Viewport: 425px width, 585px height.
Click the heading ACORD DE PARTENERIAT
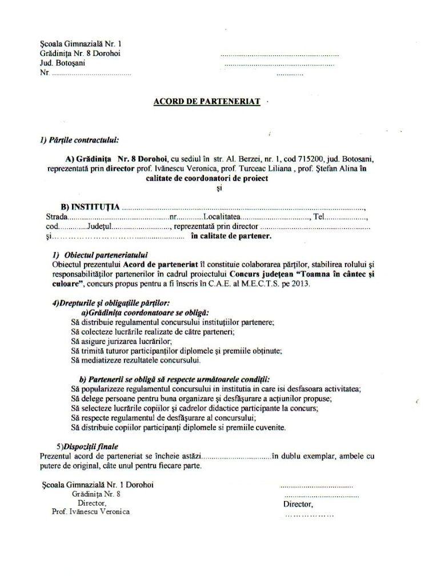[x=207, y=102]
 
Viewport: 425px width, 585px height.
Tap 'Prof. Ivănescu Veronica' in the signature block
[x=91, y=512]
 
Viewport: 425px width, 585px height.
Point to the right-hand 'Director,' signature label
[x=298, y=505]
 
